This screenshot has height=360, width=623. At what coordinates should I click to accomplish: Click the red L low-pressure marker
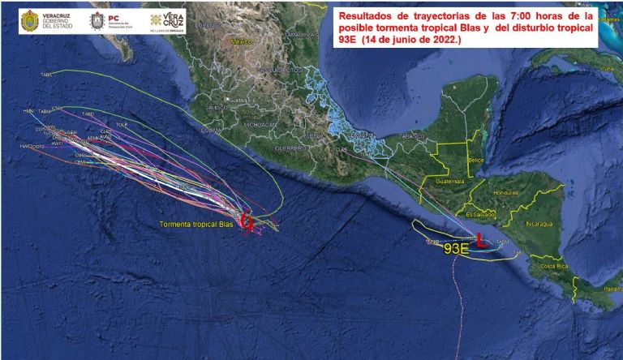(481, 240)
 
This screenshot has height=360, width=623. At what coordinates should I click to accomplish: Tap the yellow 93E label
(456, 249)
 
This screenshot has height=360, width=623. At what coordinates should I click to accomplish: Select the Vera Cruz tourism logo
(166, 20)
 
